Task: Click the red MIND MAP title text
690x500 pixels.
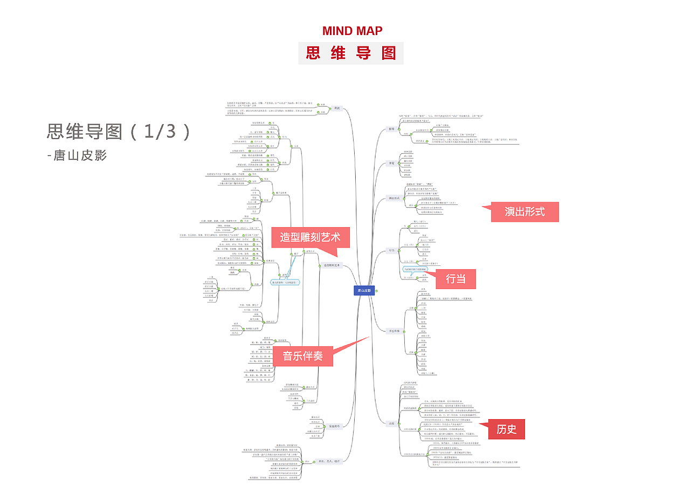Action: tap(352, 31)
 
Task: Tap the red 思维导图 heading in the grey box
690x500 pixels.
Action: tap(351, 53)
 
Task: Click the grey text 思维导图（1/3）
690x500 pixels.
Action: tap(119, 132)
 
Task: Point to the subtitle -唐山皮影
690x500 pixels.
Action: tap(77, 155)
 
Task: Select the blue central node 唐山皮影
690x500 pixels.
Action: tap(364, 291)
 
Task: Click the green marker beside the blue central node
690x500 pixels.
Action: tap(376, 291)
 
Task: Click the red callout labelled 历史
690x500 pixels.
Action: tap(506, 429)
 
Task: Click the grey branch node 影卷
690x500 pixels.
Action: tap(391, 129)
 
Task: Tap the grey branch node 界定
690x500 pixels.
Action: tap(391, 163)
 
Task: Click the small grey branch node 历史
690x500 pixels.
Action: tap(391, 423)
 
